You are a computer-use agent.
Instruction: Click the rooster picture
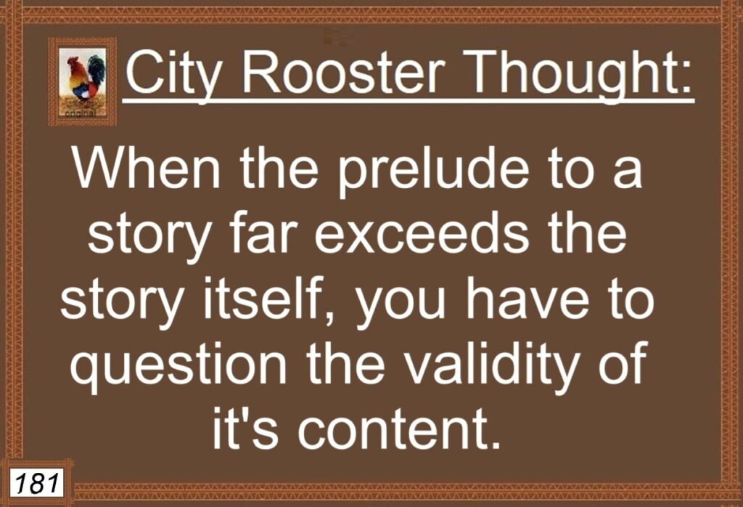(83, 81)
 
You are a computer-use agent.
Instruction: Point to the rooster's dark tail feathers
(98, 70)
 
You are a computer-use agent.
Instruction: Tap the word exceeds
(422, 234)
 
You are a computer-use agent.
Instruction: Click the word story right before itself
(121, 303)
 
